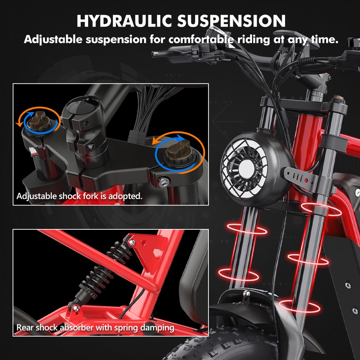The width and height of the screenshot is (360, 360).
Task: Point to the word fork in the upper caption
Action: coord(99,197)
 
